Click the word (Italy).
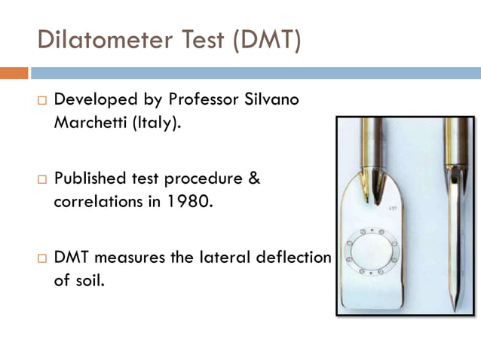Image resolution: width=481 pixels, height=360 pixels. coord(156,122)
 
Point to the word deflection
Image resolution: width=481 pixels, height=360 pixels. coord(296,258)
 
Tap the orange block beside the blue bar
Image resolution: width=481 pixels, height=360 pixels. coord(14,73)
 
